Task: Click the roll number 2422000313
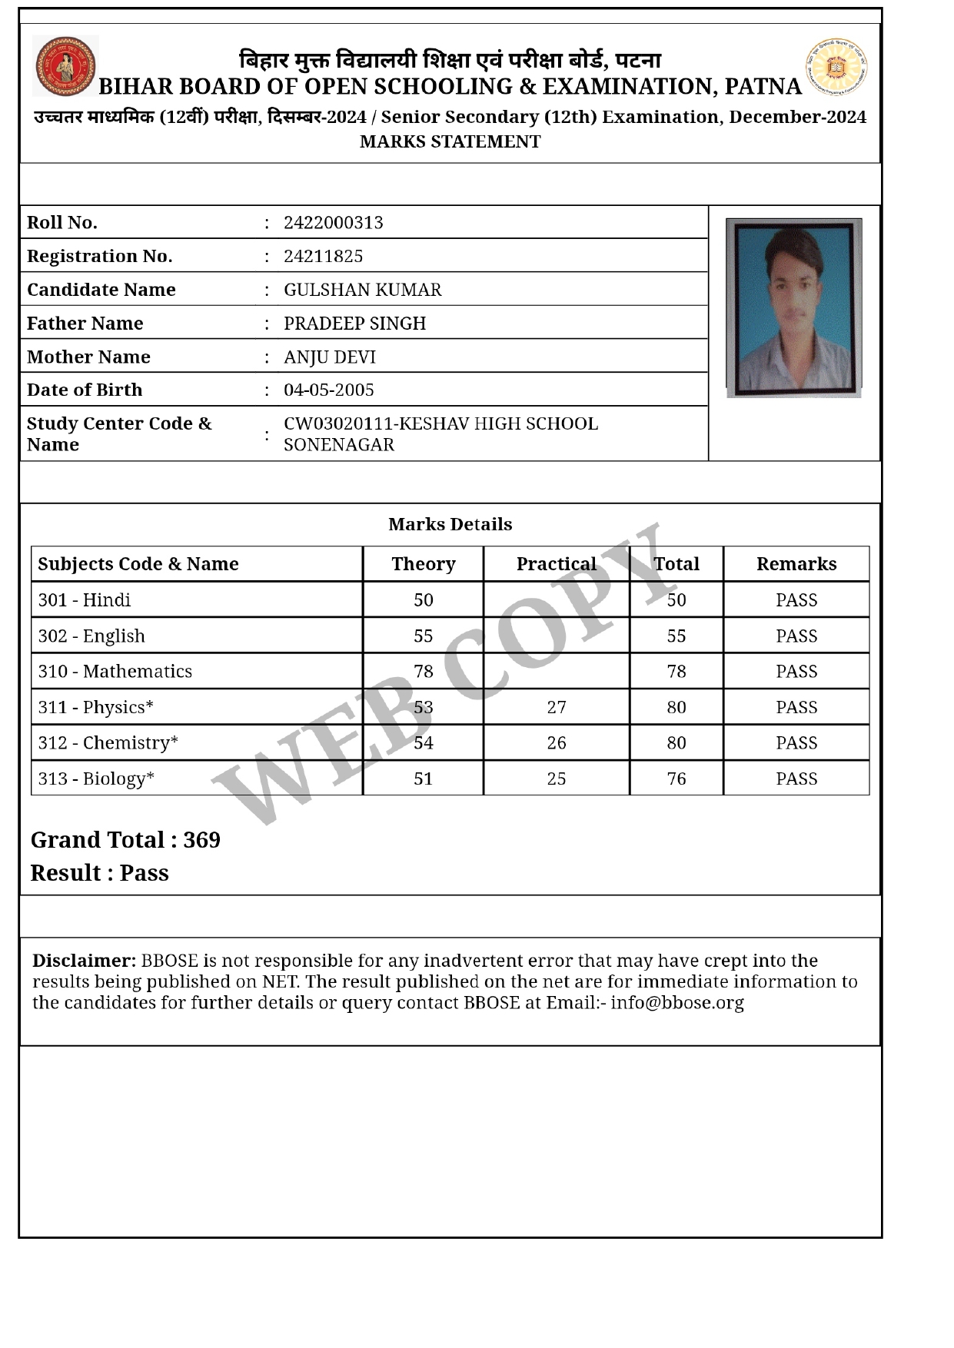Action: tap(333, 223)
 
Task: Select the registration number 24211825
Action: tap(323, 256)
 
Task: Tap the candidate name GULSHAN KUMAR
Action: tap(362, 290)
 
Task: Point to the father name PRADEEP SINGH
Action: tap(354, 324)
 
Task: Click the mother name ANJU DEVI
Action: tap(329, 357)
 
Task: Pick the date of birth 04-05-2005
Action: tap(328, 390)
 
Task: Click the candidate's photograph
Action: tap(793, 307)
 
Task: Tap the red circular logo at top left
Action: tap(65, 66)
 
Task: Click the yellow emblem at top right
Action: tap(836, 68)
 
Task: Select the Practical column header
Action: tap(556, 564)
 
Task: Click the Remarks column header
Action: tap(796, 564)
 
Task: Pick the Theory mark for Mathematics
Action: tap(424, 672)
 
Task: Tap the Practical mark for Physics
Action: tap(557, 707)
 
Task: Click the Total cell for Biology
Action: tap(676, 779)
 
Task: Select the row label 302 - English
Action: tap(91, 636)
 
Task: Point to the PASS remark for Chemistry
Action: tap(796, 743)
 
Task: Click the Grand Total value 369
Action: tap(201, 840)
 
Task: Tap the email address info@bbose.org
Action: tap(677, 1003)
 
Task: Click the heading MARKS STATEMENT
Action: tap(450, 141)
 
